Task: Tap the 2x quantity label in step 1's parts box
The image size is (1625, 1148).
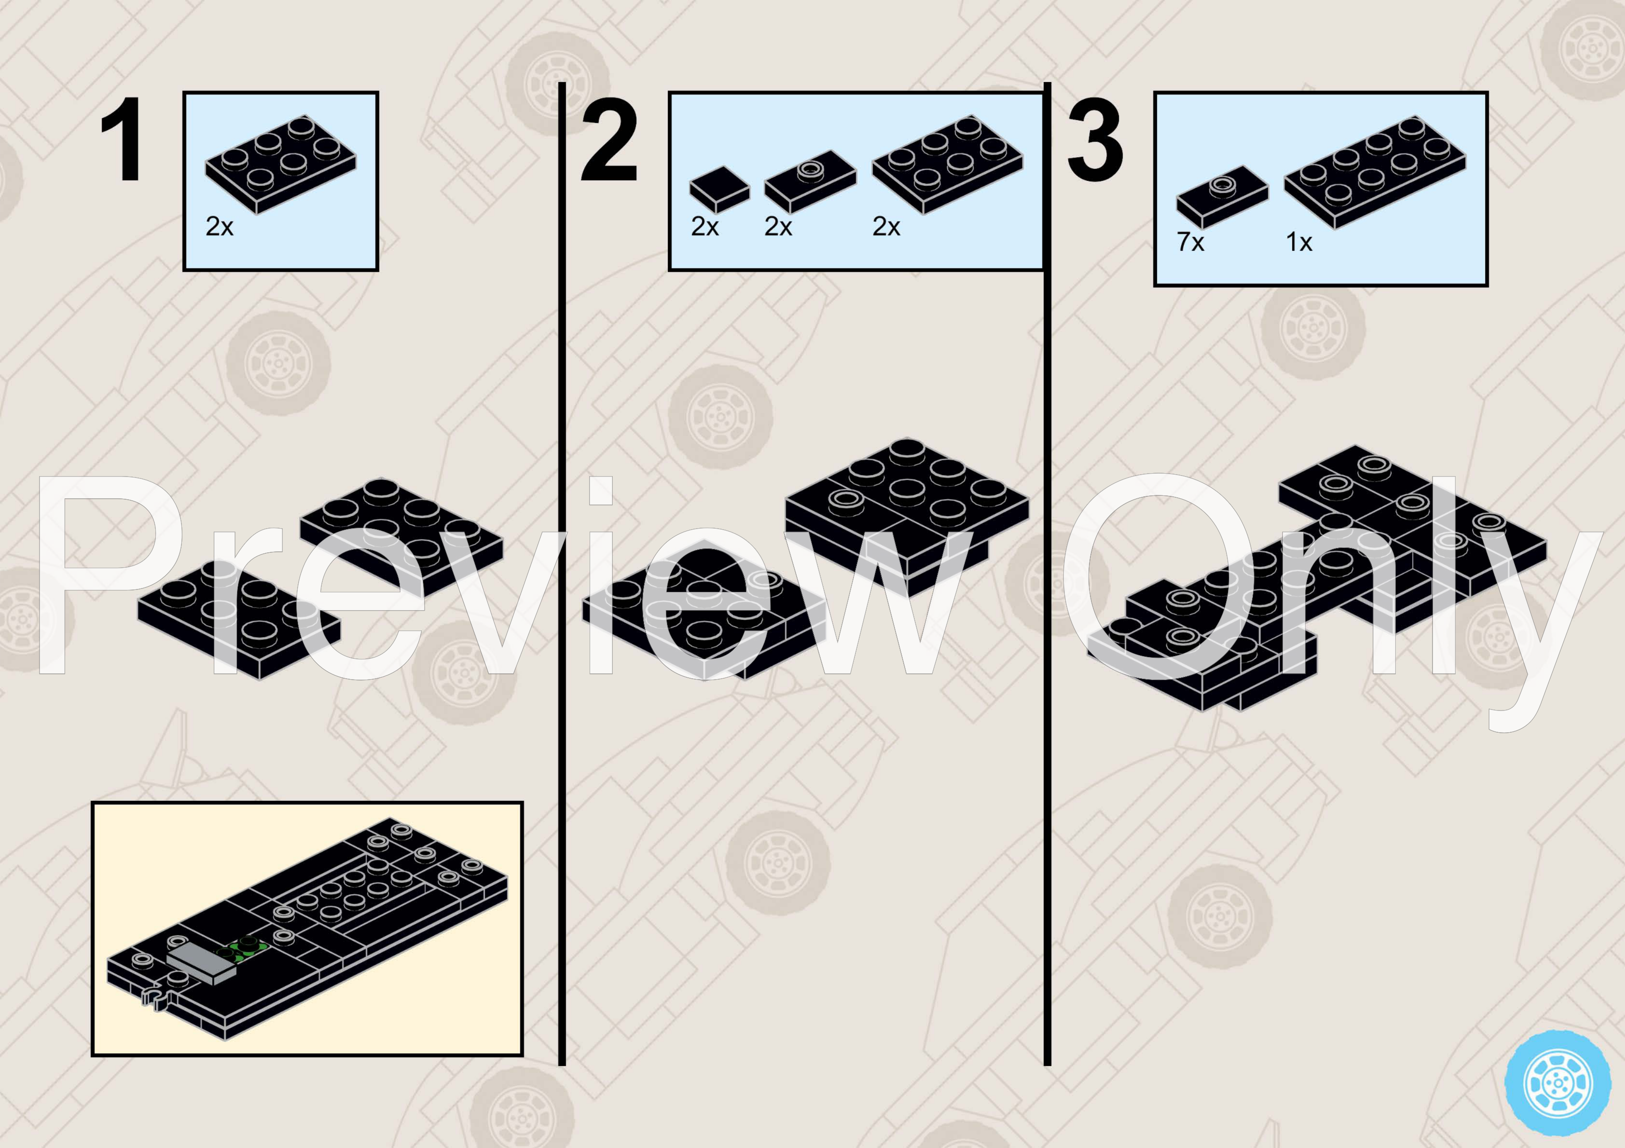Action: coord(220,227)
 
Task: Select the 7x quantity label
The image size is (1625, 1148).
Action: coord(1190,242)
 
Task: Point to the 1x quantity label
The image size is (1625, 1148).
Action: coord(1299,242)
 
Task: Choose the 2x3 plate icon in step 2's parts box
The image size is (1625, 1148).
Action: coord(948,164)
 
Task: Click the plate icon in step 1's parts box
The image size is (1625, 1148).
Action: coord(281,164)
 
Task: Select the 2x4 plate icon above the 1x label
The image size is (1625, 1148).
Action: coord(1375,173)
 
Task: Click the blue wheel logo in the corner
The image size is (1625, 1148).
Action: coord(1558,1083)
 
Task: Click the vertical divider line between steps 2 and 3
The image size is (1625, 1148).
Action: coord(1047,574)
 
